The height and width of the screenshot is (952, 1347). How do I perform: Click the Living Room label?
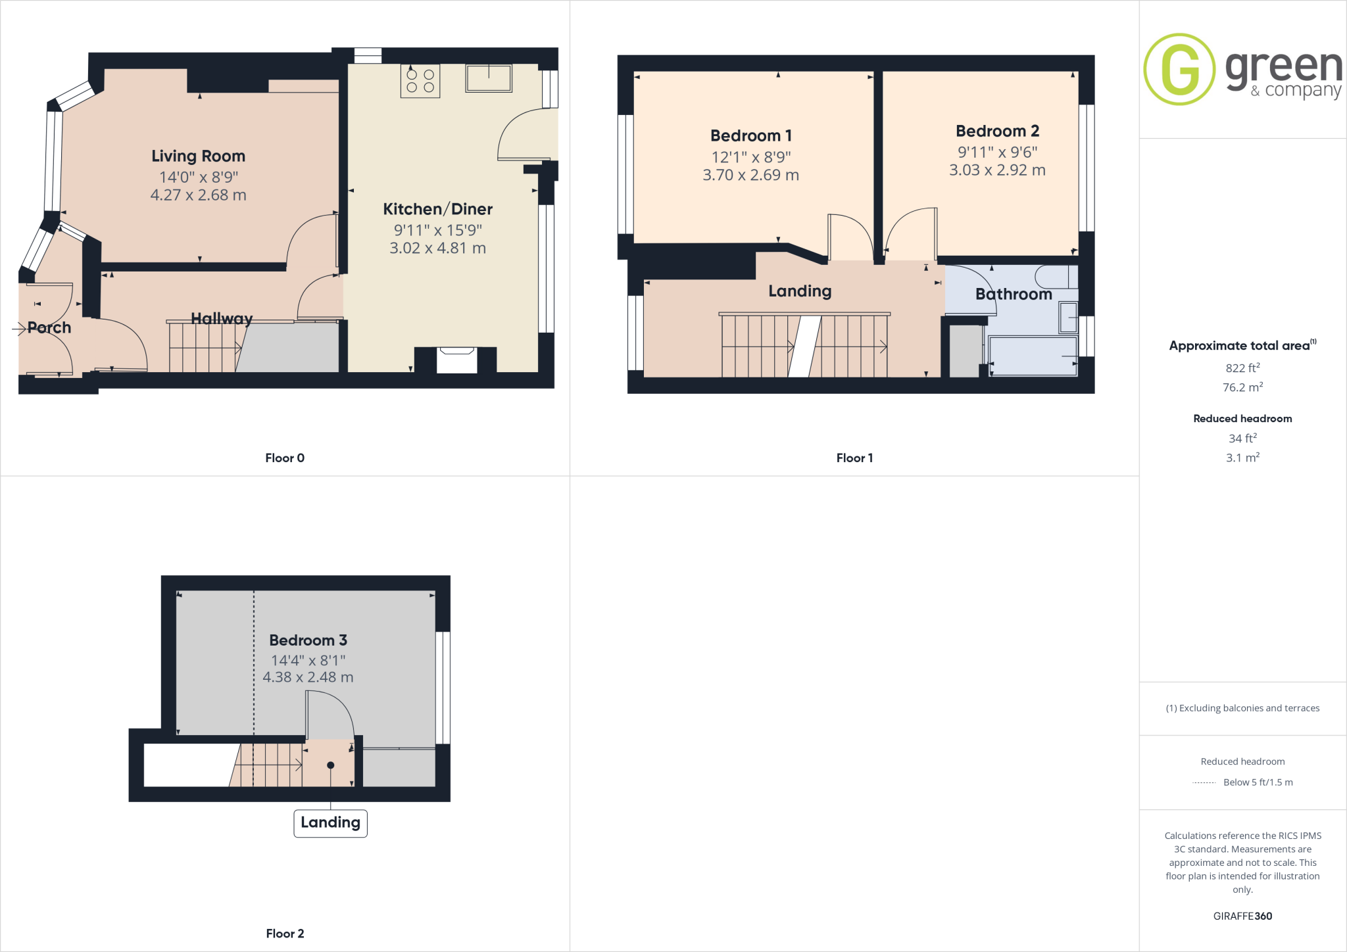point(198,156)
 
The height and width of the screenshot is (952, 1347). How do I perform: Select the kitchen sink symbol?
point(489,78)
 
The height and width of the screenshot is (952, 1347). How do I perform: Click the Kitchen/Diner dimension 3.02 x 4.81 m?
point(437,249)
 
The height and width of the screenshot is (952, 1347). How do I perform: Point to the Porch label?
point(49,327)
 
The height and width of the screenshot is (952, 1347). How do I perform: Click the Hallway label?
point(222,319)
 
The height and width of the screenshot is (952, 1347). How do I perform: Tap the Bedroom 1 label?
point(750,136)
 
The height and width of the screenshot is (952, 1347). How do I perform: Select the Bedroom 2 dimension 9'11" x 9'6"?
point(997,153)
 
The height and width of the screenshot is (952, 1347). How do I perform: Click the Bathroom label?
point(1014,295)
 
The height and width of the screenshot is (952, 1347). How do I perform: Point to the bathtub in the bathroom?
point(1033,356)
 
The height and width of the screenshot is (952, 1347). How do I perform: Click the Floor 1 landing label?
point(800,291)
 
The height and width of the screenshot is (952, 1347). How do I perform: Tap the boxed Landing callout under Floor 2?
point(330,822)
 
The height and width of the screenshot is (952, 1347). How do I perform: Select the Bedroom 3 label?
point(308,640)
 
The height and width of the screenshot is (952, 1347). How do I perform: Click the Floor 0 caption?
point(285,458)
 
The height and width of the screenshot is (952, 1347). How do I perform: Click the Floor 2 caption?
point(285,934)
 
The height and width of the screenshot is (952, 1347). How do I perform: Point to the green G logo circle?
point(1179,69)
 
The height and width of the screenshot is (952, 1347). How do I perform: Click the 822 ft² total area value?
point(1242,368)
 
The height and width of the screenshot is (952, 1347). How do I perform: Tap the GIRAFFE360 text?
point(1242,916)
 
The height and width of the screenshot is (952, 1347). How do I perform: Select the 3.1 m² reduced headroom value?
point(1242,458)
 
